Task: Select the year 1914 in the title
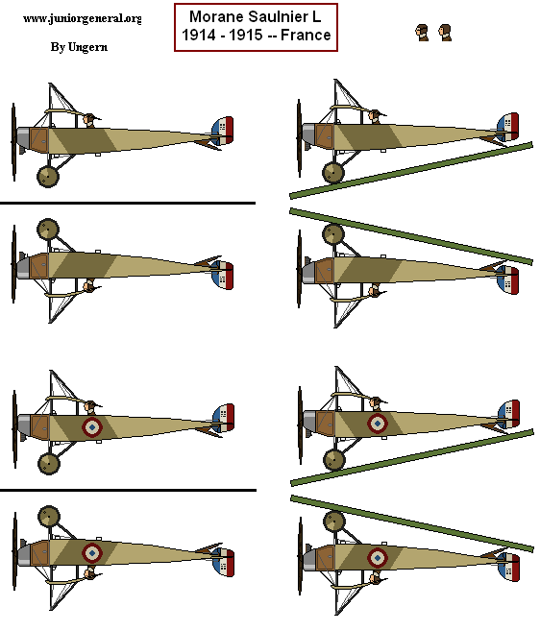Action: click(198, 36)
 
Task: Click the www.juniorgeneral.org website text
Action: click(81, 18)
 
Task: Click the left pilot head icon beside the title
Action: click(422, 33)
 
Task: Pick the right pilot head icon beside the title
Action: click(445, 33)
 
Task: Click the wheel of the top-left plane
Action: click(47, 175)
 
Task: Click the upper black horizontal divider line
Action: click(128, 204)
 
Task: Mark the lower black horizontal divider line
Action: click(128, 490)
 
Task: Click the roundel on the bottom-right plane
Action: click(378, 557)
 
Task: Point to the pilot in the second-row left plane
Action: click(89, 285)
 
